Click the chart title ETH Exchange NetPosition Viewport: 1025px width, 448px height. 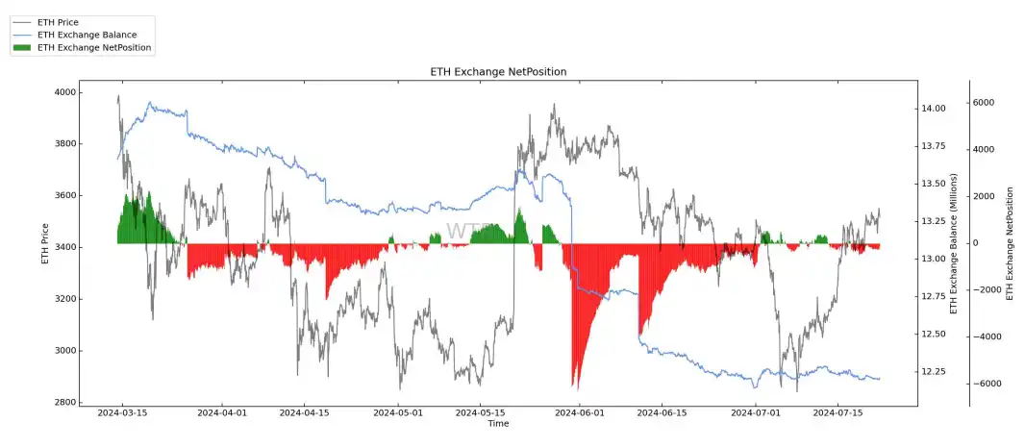[497, 72]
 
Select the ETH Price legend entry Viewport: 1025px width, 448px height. [57, 21]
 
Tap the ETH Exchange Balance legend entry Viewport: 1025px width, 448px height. [86, 35]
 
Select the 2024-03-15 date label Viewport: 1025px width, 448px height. [123, 412]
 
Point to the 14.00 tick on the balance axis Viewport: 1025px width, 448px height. [934, 109]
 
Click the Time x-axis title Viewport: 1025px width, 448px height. [497, 423]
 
